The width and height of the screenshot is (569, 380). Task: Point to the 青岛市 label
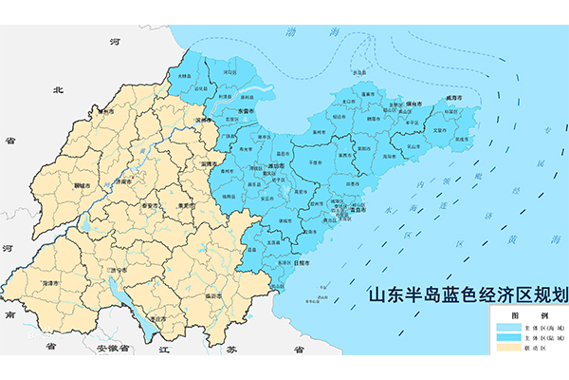coord(356,216)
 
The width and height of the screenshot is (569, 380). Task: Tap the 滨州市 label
coord(202,121)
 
